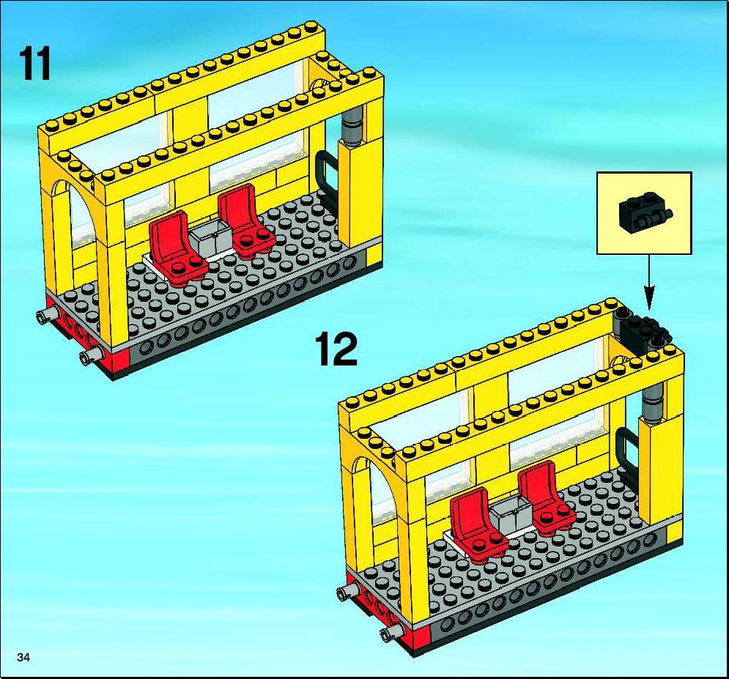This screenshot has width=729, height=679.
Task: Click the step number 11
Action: (34, 64)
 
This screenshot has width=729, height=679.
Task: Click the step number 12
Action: (336, 349)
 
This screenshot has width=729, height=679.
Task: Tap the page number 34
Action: (23, 657)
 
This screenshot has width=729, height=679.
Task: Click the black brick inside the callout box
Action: (645, 213)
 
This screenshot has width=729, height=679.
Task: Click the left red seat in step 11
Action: (177, 247)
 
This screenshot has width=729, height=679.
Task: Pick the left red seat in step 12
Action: (477, 526)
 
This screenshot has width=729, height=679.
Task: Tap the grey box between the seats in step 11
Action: (208, 238)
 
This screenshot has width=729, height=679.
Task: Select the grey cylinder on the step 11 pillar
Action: (352, 127)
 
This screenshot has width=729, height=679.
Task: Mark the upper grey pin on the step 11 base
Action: (48, 315)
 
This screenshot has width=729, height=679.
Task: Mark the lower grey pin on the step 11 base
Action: (91, 355)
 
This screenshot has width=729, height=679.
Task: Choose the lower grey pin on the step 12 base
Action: (391, 631)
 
